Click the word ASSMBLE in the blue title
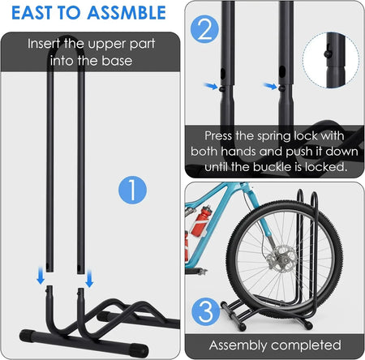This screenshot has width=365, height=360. pyautogui.click(x=127, y=13)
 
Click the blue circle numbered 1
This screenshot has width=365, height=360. pyautogui.click(x=132, y=190)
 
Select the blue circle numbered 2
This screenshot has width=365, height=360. pyautogui.click(x=204, y=29)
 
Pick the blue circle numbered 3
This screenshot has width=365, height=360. pyautogui.click(x=206, y=311)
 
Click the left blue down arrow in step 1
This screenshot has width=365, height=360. pyautogui.click(x=41, y=276)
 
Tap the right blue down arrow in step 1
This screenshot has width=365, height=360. pyautogui.click(x=89, y=278)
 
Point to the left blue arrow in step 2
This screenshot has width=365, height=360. pyautogui.click(x=211, y=86)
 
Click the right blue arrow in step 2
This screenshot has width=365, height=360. pyautogui.click(x=270, y=86)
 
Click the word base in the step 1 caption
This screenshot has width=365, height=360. pyautogui.click(x=117, y=61)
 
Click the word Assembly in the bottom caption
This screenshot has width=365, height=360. pyautogui.click(x=238, y=345)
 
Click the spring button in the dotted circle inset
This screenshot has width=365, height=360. pyautogui.click(x=328, y=54)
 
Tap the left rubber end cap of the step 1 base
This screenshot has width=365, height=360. pyautogui.click(x=26, y=336)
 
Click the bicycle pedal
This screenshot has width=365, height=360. pyautogui.click(x=200, y=272)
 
